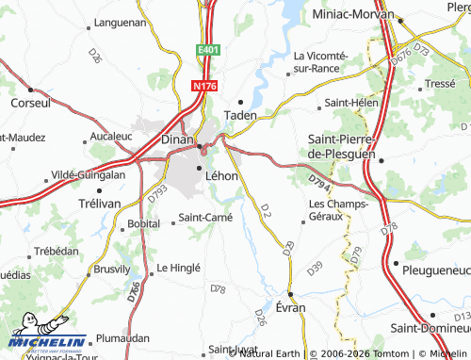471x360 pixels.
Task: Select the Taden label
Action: click(x=240, y=115)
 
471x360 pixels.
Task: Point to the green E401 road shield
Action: click(x=208, y=49)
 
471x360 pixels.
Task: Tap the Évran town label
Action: click(x=292, y=308)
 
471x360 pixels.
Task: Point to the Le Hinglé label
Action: click(x=179, y=268)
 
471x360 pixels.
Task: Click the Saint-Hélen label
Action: click(x=350, y=102)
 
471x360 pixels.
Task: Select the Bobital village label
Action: click(x=144, y=225)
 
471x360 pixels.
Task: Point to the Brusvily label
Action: click(x=112, y=269)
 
